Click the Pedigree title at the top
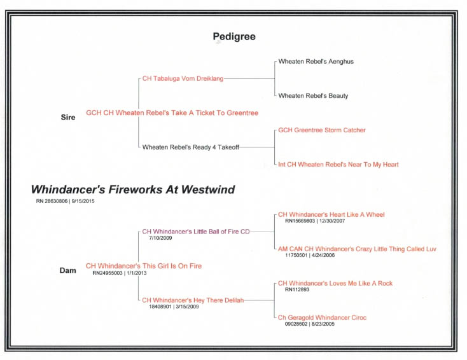pyautogui.click(x=234, y=37)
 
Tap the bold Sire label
pyautogui.click(x=68, y=117)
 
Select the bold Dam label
pyautogui.click(x=67, y=270)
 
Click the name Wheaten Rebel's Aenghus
pyautogui.click(x=316, y=62)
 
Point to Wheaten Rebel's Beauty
pyautogui.click(x=313, y=96)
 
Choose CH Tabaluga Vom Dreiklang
pyautogui.click(x=183, y=79)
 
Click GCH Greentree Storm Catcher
pyautogui.click(x=322, y=130)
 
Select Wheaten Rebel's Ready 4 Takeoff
pyautogui.click(x=191, y=147)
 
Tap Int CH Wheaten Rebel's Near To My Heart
pyautogui.click(x=338, y=164)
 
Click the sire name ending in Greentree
pyautogui.click(x=172, y=113)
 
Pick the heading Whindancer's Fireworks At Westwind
pyautogui.click(x=133, y=190)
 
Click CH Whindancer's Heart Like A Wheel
pyautogui.click(x=331, y=215)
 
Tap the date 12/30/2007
pyautogui.click(x=332, y=221)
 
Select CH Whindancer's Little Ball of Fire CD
pyautogui.click(x=196, y=232)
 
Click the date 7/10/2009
pyautogui.click(x=160, y=238)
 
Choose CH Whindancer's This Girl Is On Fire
pyautogui.click(x=144, y=266)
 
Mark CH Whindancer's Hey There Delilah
pyautogui.click(x=193, y=300)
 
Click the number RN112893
pyautogui.click(x=297, y=289)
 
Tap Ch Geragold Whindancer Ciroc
pyautogui.click(x=322, y=318)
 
